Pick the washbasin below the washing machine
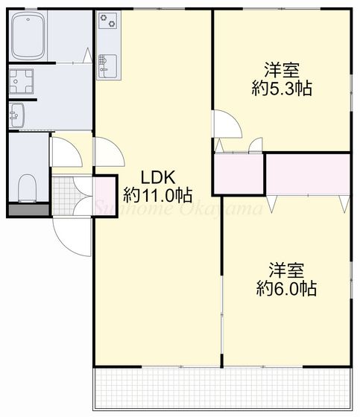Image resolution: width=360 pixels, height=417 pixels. pyautogui.click(x=17, y=115)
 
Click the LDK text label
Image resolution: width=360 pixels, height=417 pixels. pyautogui.click(x=158, y=179)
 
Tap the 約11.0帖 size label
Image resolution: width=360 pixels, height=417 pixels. pyautogui.click(x=158, y=196)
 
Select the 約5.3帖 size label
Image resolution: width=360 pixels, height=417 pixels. pyautogui.click(x=281, y=88)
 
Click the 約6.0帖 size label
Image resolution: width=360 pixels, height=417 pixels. pyautogui.click(x=286, y=288)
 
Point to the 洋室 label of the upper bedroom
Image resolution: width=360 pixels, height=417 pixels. pyautogui.click(x=281, y=69)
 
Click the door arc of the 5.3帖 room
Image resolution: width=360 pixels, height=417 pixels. pyautogui.click(x=227, y=125)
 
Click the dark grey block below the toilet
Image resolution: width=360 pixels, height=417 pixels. pyautogui.click(x=28, y=208)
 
